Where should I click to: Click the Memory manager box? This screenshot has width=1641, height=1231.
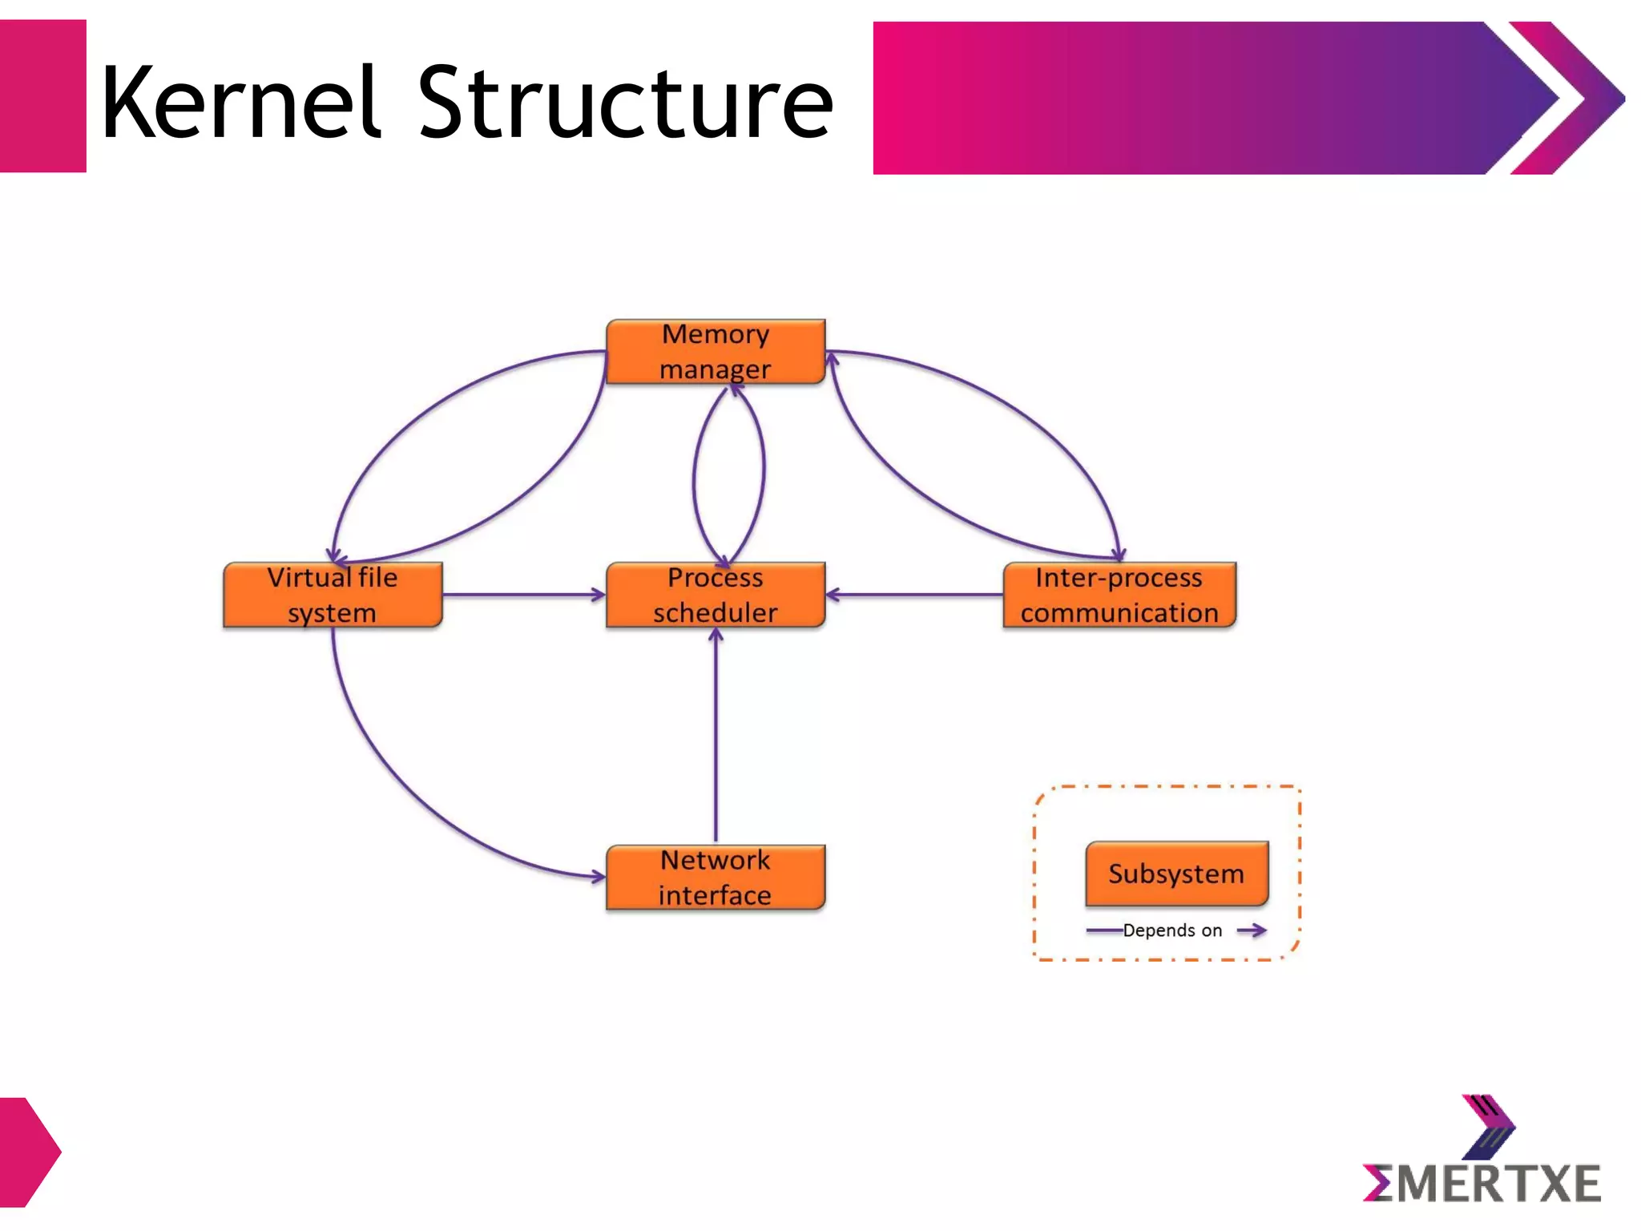click(716, 352)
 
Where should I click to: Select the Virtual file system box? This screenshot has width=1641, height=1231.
click(333, 595)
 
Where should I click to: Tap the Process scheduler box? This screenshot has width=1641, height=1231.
click(716, 595)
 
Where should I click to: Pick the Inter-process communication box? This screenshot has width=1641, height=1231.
click(1119, 595)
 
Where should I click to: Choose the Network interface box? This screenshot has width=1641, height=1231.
click(716, 878)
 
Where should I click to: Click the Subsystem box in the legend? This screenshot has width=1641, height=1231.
click(1176, 874)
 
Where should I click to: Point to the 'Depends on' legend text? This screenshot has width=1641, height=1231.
click(1172, 930)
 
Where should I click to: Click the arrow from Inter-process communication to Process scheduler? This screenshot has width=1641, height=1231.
click(913, 595)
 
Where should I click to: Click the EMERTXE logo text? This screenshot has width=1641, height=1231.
click(1482, 1184)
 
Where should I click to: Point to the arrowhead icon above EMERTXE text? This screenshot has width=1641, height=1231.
click(1488, 1126)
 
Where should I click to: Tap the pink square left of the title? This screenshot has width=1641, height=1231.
click(42, 96)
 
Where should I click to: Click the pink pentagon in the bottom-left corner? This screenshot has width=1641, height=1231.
click(28, 1152)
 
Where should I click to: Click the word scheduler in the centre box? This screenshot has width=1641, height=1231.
click(716, 613)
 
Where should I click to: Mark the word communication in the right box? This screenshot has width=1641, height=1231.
click(1119, 613)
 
